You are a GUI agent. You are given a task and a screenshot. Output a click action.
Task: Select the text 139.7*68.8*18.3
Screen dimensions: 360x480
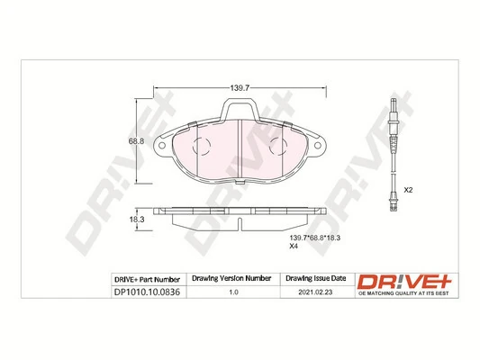pyautogui.click(x=314, y=235)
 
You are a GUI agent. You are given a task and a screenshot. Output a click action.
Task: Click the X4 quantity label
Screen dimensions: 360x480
pyautogui.click(x=293, y=246)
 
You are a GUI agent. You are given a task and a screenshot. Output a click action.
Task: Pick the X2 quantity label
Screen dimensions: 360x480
pyautogui.click(x=407, y=190)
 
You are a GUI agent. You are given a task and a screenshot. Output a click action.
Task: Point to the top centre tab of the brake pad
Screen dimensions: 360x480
pyautogui.click(x=240, y=112)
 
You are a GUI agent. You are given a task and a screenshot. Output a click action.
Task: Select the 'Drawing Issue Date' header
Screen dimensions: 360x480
pyautogui.click(x=315, y=280)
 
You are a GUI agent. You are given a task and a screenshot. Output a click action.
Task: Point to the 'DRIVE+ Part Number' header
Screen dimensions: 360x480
pyautogui.click(x=149, y=280)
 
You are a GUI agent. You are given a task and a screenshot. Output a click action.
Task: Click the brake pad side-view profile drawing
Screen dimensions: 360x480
pyautogui.click(x=240, y=217)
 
